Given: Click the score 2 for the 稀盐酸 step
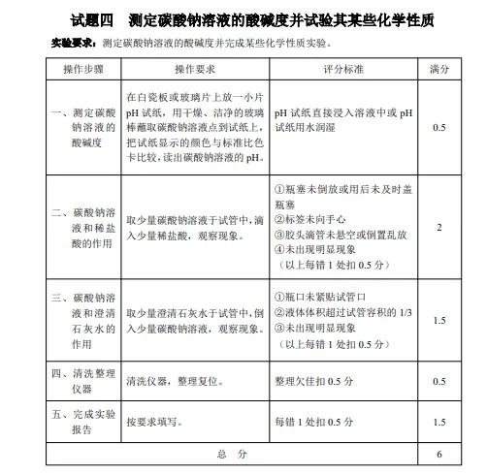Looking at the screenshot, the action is coord(439,228).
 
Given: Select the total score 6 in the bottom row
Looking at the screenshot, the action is coord(439,454).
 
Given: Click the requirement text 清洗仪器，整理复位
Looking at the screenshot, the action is coord(175,381).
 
